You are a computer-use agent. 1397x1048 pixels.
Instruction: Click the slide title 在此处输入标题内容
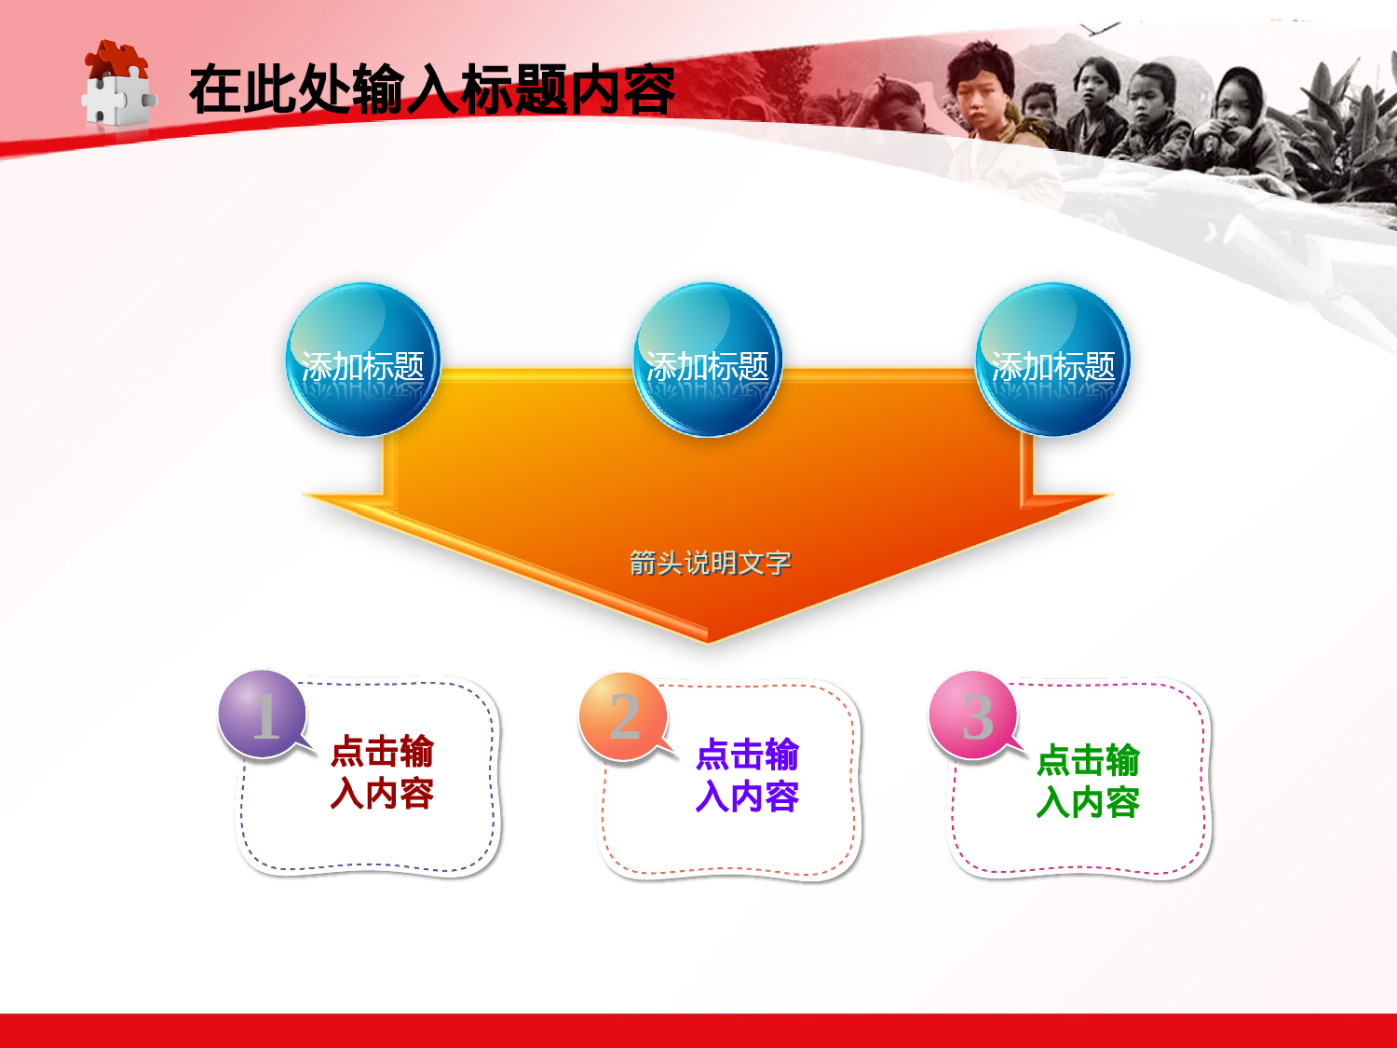(x=431, y=90)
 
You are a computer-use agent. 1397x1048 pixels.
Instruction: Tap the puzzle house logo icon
(x=115, y=84)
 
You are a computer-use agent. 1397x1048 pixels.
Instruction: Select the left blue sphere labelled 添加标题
(x=362, y=361)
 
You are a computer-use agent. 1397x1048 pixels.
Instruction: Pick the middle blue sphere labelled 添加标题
(x=707, y=361)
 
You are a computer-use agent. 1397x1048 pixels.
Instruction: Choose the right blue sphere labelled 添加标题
(x=1052, y=361)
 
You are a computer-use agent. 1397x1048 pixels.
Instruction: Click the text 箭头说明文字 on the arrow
(x=710, y=563)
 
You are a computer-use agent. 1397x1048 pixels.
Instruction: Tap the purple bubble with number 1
(x=263, y=714)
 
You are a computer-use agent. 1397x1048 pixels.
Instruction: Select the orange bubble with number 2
(x=623, y=715)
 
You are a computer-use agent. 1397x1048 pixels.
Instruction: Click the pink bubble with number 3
(x=973, y=715)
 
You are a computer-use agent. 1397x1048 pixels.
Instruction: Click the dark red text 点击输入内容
(x=382, y=772)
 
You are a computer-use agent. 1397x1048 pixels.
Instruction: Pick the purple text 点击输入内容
(x=747, y=775)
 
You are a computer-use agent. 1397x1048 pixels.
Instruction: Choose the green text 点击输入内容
(x=1088, y=781)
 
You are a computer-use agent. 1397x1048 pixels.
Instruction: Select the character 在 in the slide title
(x=215, y=90)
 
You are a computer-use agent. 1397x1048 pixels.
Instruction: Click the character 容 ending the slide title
(x=648, y=90)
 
